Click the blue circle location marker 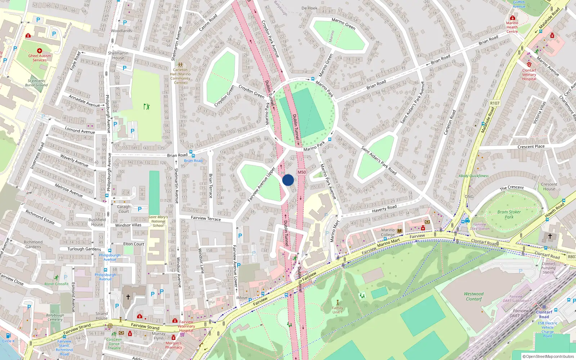[288, 180]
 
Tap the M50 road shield [302, 172]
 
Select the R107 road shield [495, 103]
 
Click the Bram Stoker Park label [509, 215]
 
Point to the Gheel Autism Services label [40, 58]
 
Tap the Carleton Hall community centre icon [180, 64]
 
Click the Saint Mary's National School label [158, 221]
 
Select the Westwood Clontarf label [474, 297]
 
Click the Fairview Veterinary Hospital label [186, 326]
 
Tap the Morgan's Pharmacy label [174, 345]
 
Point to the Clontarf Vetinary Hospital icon [529, 64]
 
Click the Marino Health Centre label [512, 27]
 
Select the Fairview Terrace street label [206, 218]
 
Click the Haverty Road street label [384, 209]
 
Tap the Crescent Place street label [531, 147]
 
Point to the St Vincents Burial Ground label [36, 83]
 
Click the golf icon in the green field [146, 107]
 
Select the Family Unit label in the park [337, 310]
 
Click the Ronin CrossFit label [56, 284]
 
